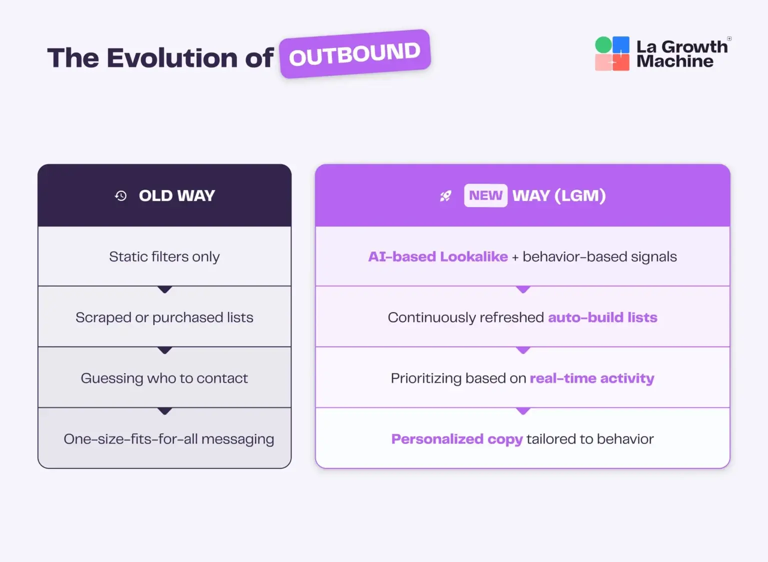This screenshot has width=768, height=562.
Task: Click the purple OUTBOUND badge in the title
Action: click(x=355, y=54)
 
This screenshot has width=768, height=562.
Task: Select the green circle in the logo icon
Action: click(x=603, y=45)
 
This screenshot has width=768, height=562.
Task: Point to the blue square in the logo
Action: click(x=621, y=44)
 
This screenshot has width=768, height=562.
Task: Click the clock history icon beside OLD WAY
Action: click(x=121, y=196)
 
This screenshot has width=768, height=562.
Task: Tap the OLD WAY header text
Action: click(x=176, y=195)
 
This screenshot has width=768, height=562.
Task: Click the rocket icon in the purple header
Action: click(x=445, y=196)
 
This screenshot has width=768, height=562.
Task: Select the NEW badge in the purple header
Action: click(x=485, y=195)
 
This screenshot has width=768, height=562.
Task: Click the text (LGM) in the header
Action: click(x=580, y=195)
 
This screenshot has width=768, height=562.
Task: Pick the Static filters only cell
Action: click(x=164, y=256)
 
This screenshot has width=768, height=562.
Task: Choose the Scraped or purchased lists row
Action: click(x=164, y=317)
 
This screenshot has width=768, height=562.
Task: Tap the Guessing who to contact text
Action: click(x=164, y=378)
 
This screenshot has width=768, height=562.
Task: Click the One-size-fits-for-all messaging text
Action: click(x=169, y=439)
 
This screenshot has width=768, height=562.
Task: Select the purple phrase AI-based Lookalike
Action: click(x=438, y=256)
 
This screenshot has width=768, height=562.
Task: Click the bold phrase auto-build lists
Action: click(x=602, y=317)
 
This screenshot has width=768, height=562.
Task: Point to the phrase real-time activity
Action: click(x=592, y=378)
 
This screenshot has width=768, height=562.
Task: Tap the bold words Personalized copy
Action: click(x=457, y=439)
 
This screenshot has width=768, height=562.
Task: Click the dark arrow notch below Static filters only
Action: click(x=164, y=289)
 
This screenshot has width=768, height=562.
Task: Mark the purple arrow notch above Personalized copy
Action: click(x=523, y=411)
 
